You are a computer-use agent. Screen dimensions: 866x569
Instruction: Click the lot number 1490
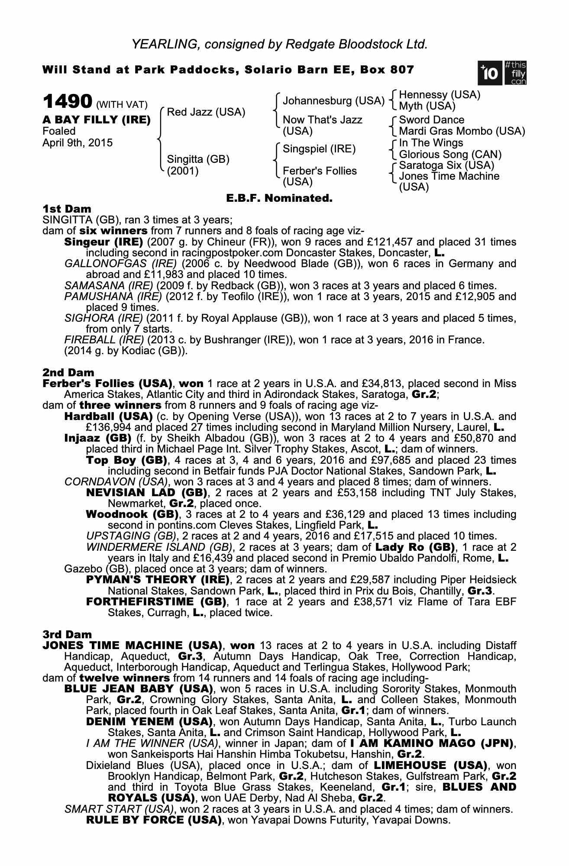tap(67, 102)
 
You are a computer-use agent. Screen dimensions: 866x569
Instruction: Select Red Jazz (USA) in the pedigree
tap(206, 112)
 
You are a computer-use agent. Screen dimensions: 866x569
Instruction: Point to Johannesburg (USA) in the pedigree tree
tap(333, 101)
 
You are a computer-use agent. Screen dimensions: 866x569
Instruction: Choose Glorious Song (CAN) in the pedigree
tap(450, 154)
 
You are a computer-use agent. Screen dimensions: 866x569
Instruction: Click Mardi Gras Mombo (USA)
tap(462, 131)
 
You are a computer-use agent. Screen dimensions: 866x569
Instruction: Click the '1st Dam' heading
tap(67, 209)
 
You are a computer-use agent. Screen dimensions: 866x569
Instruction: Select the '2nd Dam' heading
tap(68, 372)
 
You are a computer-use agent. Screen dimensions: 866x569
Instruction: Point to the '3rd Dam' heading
tap(67, 634)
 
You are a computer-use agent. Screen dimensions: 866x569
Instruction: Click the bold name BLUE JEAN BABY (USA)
tap(139, 689)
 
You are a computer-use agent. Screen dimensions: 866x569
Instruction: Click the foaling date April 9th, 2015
tap(78, 143)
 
